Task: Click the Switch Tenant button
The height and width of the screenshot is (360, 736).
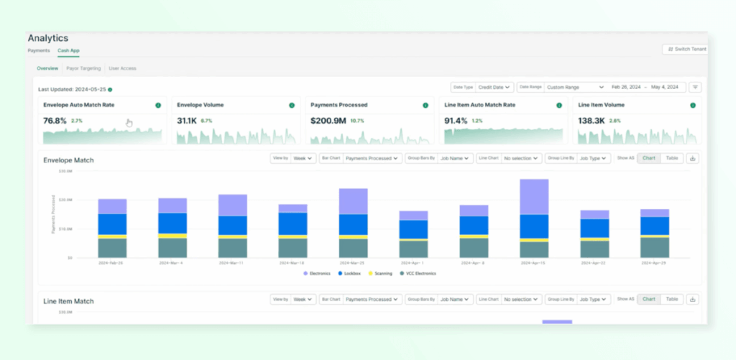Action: [x=686, y=49]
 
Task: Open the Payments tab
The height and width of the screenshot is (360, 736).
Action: [x=38, y=51]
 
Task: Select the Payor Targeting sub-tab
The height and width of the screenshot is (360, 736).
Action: [x=83, y=68]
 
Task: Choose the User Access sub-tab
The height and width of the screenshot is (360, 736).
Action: [x=122, y=68]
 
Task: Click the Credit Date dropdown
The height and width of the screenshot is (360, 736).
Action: [x=494, y=87]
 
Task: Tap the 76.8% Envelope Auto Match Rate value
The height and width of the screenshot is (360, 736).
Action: [x=55, y=121]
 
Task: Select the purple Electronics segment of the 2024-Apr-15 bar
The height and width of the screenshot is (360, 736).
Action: [x=534, y=197]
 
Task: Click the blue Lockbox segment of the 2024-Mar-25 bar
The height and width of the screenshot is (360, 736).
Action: [x=353, y=224]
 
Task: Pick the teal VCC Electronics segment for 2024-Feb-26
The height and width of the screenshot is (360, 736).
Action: [x=112, y=248]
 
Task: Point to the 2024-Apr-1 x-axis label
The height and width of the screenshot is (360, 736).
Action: [x=413, y=263]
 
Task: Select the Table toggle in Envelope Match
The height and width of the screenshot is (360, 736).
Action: [x=671, y=158]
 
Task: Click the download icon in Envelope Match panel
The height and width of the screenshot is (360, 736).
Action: [x=692, y=158]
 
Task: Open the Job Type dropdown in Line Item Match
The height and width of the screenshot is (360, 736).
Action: [x=594, y=300]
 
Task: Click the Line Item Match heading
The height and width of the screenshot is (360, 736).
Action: [x=68, y=300]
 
